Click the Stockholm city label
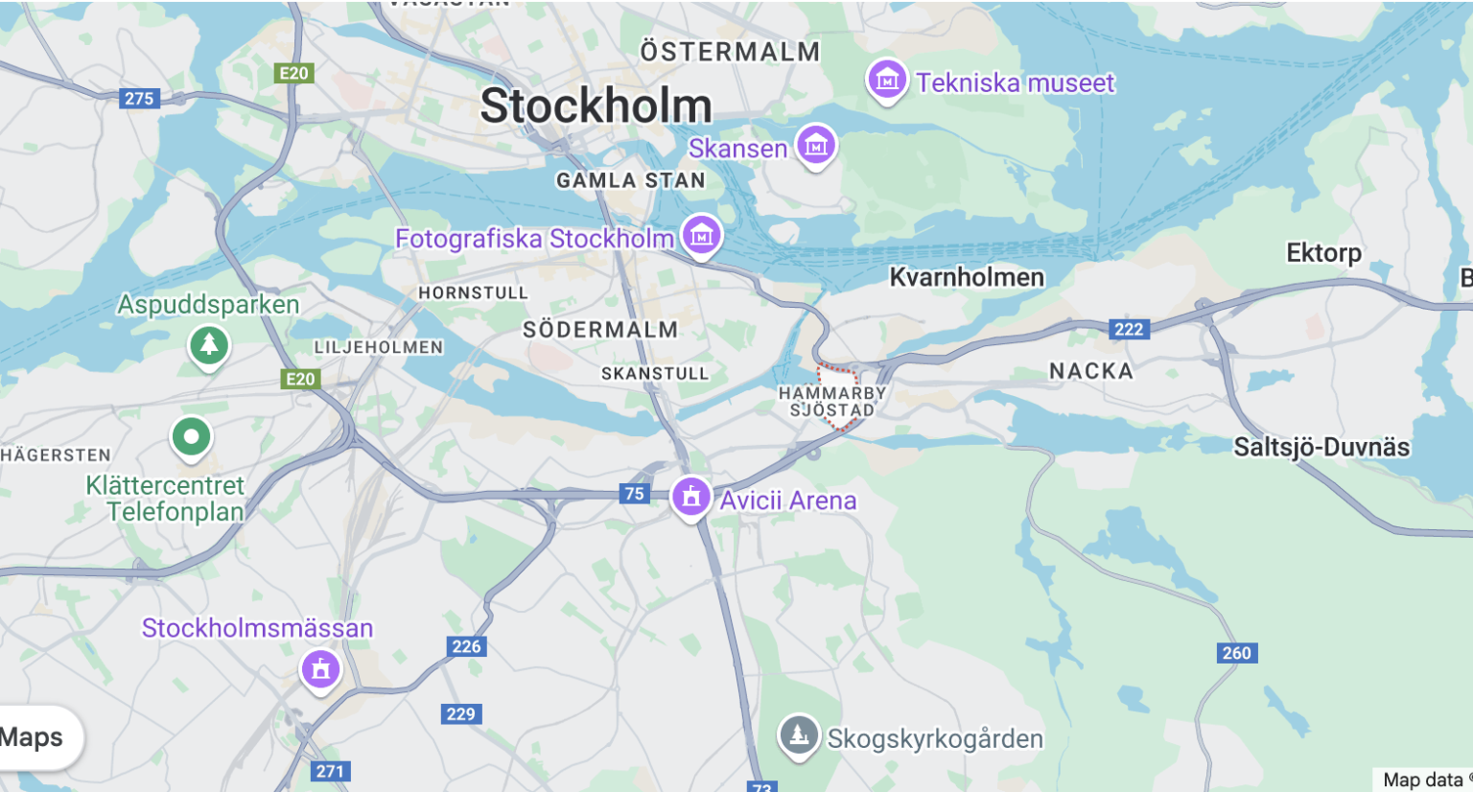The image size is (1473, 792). [596, 105]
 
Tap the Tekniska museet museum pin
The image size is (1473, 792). [887, 81]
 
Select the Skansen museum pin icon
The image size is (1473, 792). [816, 146]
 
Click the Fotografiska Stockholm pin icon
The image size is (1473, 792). [701, 234]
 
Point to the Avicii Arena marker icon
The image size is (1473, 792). [690, 497]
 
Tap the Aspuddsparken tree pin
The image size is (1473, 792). [209, 343]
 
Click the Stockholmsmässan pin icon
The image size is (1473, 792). [320, 667]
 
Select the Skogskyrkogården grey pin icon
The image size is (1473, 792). [798, 735]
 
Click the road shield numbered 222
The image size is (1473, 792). [1129, 329]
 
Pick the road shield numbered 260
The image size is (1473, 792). [1236, 653]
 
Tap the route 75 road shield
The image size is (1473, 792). [634, 494]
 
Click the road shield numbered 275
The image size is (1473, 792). [139, 98]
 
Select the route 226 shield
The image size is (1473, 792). [467, 646]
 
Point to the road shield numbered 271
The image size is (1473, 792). [331, 771]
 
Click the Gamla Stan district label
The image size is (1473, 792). [630, 180]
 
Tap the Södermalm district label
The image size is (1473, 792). [600, 330]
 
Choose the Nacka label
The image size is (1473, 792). [1090, 371]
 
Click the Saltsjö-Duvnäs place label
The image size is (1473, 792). [1321, 447]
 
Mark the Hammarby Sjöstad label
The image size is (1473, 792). [831, 402]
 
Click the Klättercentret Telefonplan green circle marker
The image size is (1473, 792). [191, 437]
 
